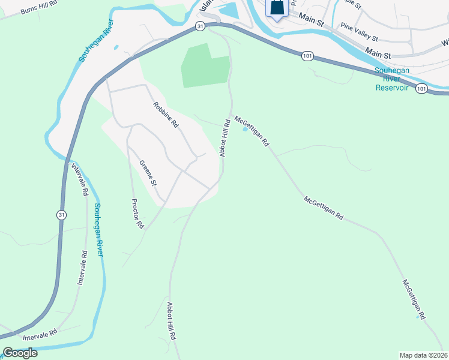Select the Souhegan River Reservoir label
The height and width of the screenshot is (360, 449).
pyautogui.click(x=392, y=79)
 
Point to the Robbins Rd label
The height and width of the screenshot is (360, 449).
pyautogui.click(x=166, y=115)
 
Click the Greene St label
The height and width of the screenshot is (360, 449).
pyautogui.click(x=148, y=173)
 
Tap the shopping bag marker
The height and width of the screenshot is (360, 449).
pyautogui.click(x=276, y=8)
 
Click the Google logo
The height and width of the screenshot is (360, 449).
pyautogui.click(x=20, y=353)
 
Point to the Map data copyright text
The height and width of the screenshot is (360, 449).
pyautogui.click(x=424, y=355)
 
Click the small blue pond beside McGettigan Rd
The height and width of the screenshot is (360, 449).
pyautogui.click(x=244, y=128)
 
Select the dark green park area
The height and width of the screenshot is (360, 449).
pyautogui.click(x=205, y=67)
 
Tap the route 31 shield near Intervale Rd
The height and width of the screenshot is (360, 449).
pyautogui.click(x=61, y=214)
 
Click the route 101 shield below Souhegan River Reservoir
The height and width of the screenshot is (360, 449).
pyautogui.click(x=421, y=88)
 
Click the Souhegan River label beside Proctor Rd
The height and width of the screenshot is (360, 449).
pyautogui.click(x=98, y=230)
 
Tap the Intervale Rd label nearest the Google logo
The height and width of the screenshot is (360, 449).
pyautogui.click(x=40, y=335)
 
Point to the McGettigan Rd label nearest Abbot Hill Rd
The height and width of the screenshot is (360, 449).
pyautogui.click(x=252, y=132)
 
